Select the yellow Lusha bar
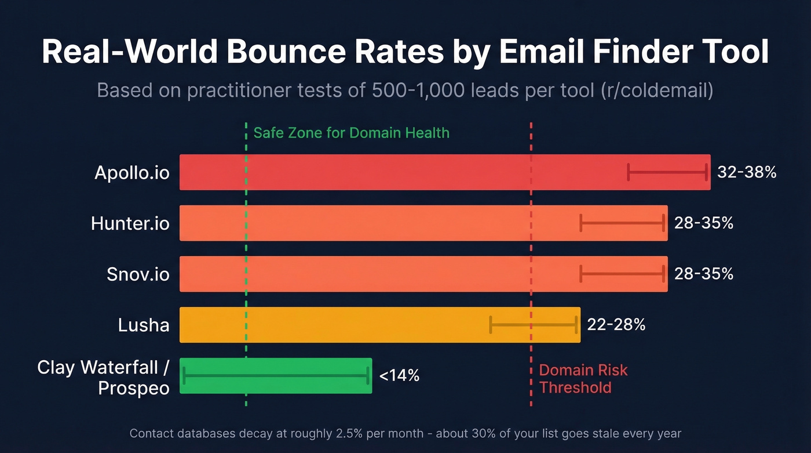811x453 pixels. (x=348, y=325)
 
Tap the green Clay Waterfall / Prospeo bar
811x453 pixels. (x=276, y=376)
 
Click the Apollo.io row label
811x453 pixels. (x=132, y=173)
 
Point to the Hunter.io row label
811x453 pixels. (x=130, y=223)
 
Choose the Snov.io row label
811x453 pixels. (x=138, y=274)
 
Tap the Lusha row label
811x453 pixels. (x=144, y=325)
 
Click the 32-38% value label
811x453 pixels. (x=747, y=172)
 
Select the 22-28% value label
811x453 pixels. (x=616, y=325)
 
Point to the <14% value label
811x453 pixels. (x=399, y=376)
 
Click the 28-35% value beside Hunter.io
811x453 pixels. (x=704, y=223)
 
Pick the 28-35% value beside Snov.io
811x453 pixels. (x=704, y=274)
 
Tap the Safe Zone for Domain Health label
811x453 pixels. (x=351, y=133)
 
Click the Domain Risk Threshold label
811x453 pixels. (x=583, y=379)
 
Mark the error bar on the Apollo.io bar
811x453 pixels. (x=667, y=172)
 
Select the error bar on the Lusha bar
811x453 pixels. (x=534, y=325)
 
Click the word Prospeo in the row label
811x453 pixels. (x=134, y=387)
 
